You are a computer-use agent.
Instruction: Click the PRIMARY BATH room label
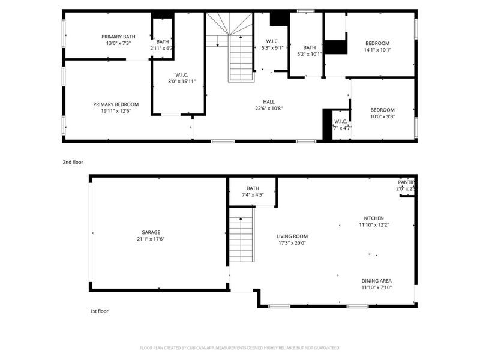(x=118, y=37)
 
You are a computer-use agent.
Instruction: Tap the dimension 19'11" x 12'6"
(x=116, y=111)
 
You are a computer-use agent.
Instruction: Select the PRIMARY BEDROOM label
(x=116, y=104)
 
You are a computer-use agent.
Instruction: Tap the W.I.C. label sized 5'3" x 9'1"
(x=272, y=41)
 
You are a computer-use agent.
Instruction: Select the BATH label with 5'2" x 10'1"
(x=309, y=47)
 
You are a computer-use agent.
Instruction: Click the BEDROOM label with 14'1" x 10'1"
(x=377, y=43)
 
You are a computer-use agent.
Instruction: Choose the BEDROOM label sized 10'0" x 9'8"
(x=382, y=110)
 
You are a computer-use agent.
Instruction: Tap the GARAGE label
(x=151, y=232)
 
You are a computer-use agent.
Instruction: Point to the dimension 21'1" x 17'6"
(x=151, y=239)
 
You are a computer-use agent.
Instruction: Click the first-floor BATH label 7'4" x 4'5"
(x=253, y=188)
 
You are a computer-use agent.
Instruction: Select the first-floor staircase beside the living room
(x=241, y=235)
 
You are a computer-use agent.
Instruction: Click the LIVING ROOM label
(x=292, y=236)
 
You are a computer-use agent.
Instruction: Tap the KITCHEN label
(x=374, y=218)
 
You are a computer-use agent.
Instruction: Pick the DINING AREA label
(x=376, y=281)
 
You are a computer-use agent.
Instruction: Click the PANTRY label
(x=406, y=182)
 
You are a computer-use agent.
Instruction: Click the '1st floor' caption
(x=99, y=311)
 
